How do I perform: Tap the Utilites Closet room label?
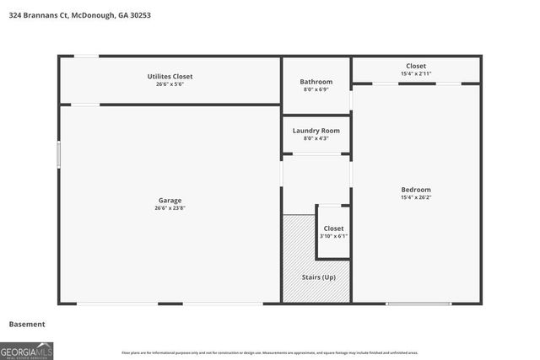point(170,77)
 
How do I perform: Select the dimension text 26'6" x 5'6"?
point(170,85)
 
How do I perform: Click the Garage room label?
point(170,201)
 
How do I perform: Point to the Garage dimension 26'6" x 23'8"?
point(170,209)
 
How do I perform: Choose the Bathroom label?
point(316,82)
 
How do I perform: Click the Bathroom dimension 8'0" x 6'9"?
point(316,90)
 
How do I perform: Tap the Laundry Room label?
point(316,131)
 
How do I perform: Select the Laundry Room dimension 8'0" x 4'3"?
point(316,139)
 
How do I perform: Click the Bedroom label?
point(416,190)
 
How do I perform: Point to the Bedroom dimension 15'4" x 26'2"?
point(416,198)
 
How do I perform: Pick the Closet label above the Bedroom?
point(416,66)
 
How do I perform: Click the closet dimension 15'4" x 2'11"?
point(416,74)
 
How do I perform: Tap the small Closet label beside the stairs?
point(333,228)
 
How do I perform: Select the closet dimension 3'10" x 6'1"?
point(333,237)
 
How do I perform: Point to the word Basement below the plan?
point(27,324)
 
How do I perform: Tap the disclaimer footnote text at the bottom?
point(281,352)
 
